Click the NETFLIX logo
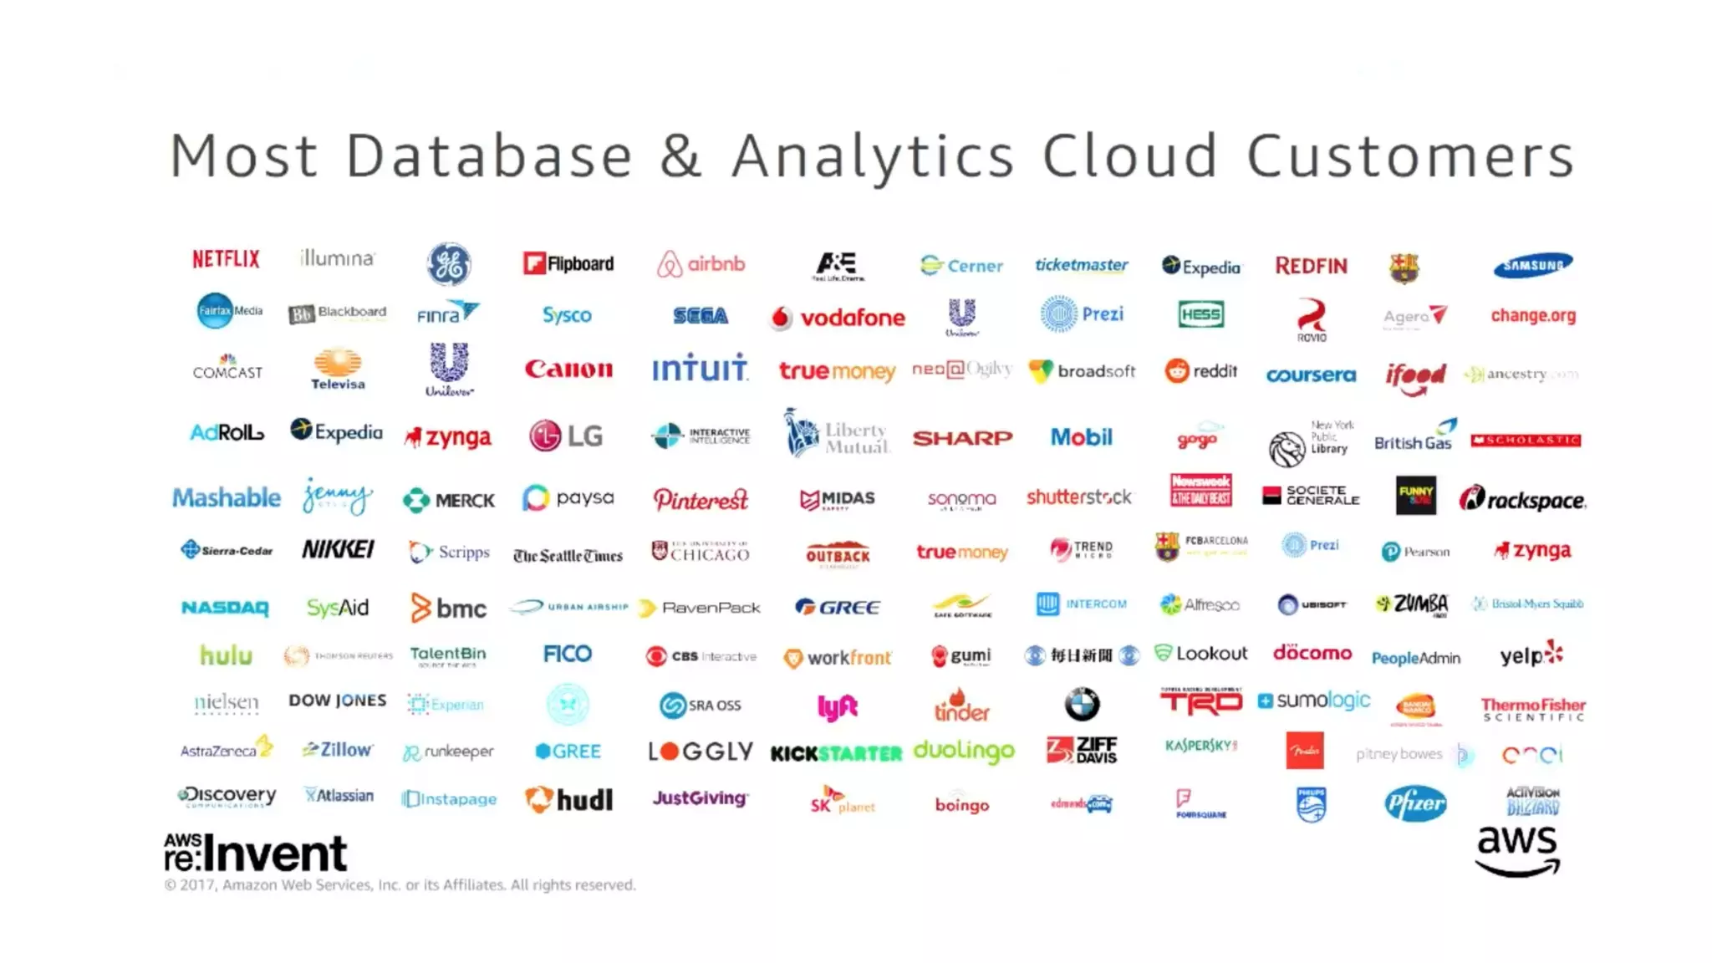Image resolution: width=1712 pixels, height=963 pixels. [x=226, y=259]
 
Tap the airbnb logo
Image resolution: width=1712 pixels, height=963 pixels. [x=701, y=264]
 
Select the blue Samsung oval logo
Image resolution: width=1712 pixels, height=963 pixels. [x=1532, y=266]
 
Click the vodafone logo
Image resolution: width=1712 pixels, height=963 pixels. [x=838, y=318]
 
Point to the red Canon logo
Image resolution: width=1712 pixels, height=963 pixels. [x=568, y=369]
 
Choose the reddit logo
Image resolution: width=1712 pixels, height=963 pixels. [x=1200, y=370]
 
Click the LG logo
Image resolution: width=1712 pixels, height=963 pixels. [x=566, y=436]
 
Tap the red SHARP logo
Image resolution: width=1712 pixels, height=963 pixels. [x=962, y=438]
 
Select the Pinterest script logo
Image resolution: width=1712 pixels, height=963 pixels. [x=701, y=500]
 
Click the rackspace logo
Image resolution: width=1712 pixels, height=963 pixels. [x=1522, y=500]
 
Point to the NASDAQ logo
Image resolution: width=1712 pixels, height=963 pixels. [x=225, y=608]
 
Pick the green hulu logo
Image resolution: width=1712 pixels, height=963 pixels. [x=226, y=655]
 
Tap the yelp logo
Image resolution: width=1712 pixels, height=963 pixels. [x=1531, y=655]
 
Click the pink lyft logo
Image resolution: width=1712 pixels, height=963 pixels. [x=837, y=707]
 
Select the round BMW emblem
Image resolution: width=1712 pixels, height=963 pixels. [x=1082, y=705]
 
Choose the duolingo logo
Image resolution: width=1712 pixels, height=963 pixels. [x=964, y=751]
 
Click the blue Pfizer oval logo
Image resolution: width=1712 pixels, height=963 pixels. [x=1414, y=803]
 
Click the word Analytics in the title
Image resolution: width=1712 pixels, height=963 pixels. [x=873, y=156]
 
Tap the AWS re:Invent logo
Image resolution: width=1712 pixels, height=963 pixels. [x=255, y=853]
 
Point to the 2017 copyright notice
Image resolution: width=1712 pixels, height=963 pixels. [x=400, y=885]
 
